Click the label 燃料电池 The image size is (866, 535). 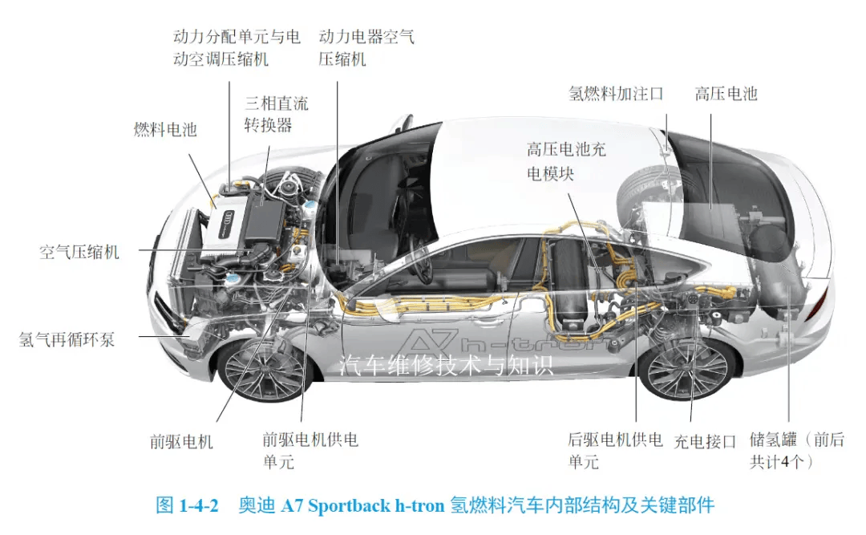tap(165, 129)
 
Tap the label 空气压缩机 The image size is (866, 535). tap(79, 252)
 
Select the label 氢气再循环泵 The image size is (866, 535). tap(67, 338)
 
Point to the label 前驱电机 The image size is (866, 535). tap(181, 442)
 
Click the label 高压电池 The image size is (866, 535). tap(726, 93)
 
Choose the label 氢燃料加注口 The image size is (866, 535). tap(616, 93)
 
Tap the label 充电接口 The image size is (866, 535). tap(706, 442)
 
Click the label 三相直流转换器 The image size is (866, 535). tap(276, 114)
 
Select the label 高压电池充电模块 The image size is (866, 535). tap(566, 161)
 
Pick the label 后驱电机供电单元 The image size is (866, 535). tap(615, 451)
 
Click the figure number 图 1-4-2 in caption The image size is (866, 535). tap(187, 505)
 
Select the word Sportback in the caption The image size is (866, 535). tap(349, 505)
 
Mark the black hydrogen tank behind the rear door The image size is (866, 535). tap(568, 287)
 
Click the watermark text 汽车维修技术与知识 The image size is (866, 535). tap(447, 365)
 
